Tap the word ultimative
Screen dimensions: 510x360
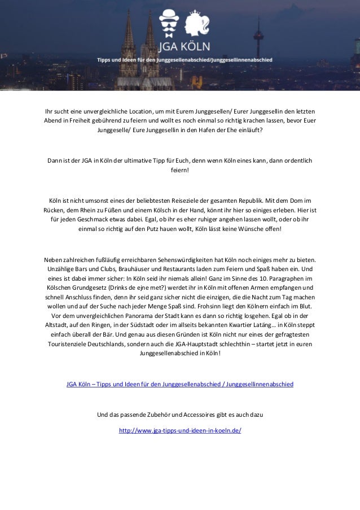pyautogui.click(x=135, y=161)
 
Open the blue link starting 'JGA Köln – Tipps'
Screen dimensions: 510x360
pyautogui.click(x=179, y=385)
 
